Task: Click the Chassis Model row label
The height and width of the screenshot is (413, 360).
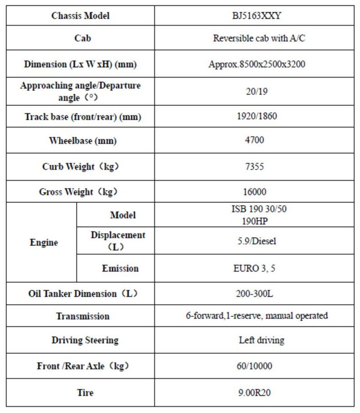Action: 80,16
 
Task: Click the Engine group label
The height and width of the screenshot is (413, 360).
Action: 43,242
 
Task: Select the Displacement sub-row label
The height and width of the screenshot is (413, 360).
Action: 118,241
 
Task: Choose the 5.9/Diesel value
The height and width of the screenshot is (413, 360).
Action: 255,241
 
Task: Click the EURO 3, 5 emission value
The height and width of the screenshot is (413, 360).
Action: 255,269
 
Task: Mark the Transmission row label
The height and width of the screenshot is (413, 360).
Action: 83,316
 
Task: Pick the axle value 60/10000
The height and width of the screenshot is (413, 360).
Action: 255,366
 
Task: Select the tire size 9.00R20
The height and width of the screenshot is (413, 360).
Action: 255,392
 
